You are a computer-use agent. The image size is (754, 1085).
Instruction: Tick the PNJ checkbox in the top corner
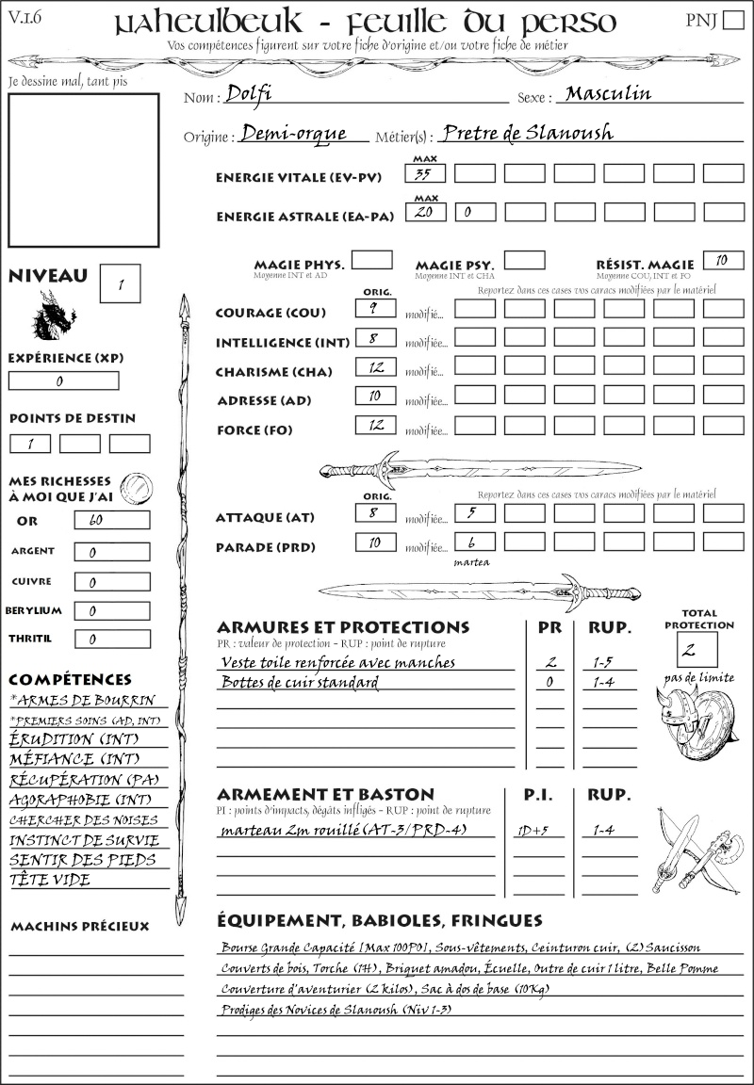(x=732, y=22)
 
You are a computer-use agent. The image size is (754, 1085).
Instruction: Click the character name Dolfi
(x=250, y=94)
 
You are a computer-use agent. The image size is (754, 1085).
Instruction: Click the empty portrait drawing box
(x=83, y=169)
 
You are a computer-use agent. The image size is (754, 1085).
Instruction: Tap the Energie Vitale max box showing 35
(x=425, y=173)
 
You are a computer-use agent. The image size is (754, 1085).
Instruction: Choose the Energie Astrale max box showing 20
(x=425, y=213)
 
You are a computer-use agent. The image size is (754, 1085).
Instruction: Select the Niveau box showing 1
(x=123, y=282)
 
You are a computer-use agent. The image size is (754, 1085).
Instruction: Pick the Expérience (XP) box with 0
(x=63, y=381)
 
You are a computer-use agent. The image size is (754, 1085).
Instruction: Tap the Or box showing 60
(x=111, y=520)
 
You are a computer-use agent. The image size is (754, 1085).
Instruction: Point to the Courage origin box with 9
(x=375, y=308)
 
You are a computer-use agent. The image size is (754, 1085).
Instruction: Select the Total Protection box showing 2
(x=697, y=649)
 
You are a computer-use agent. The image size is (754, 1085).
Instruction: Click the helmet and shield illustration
(x=696, y=724)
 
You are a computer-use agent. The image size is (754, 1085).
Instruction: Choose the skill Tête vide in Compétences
(x=51, y=880)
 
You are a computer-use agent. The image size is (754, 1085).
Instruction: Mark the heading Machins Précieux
(x=79, y=927)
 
